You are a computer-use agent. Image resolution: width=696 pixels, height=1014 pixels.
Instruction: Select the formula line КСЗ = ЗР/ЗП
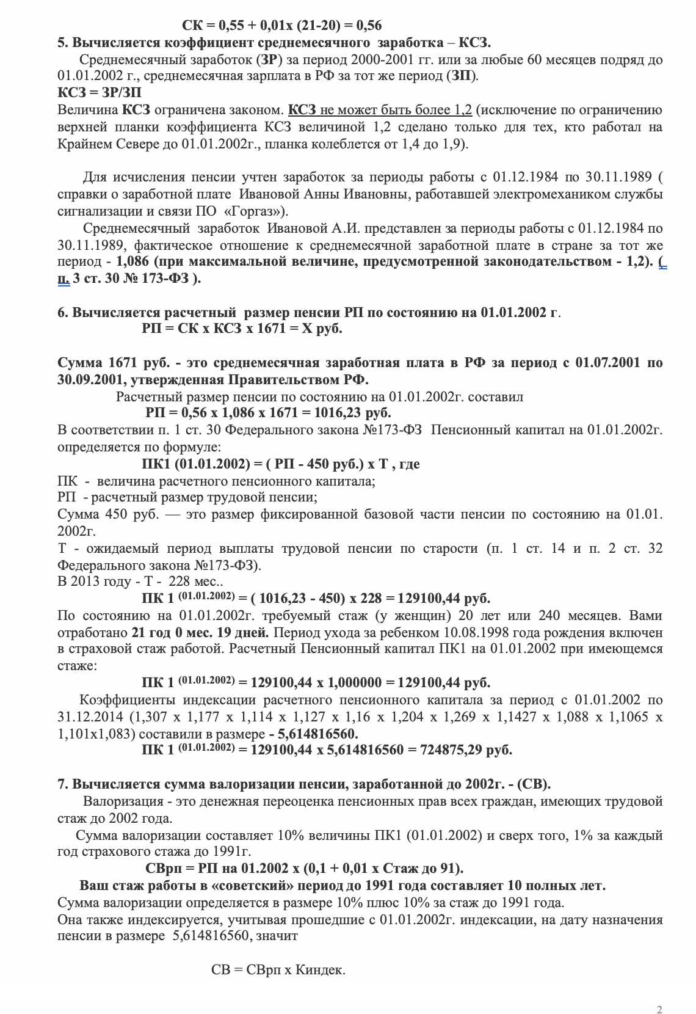pyautogui.click(x=100, y=93)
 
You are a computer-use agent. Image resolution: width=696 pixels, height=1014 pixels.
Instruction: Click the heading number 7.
pyautogui.click(x=62, y=784)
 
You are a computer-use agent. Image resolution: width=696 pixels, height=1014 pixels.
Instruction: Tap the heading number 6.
pyautogui.click(x=62, y=313)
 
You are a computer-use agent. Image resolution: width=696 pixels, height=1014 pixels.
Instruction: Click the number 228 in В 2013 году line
pyautogui.click(x=179, y=581)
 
